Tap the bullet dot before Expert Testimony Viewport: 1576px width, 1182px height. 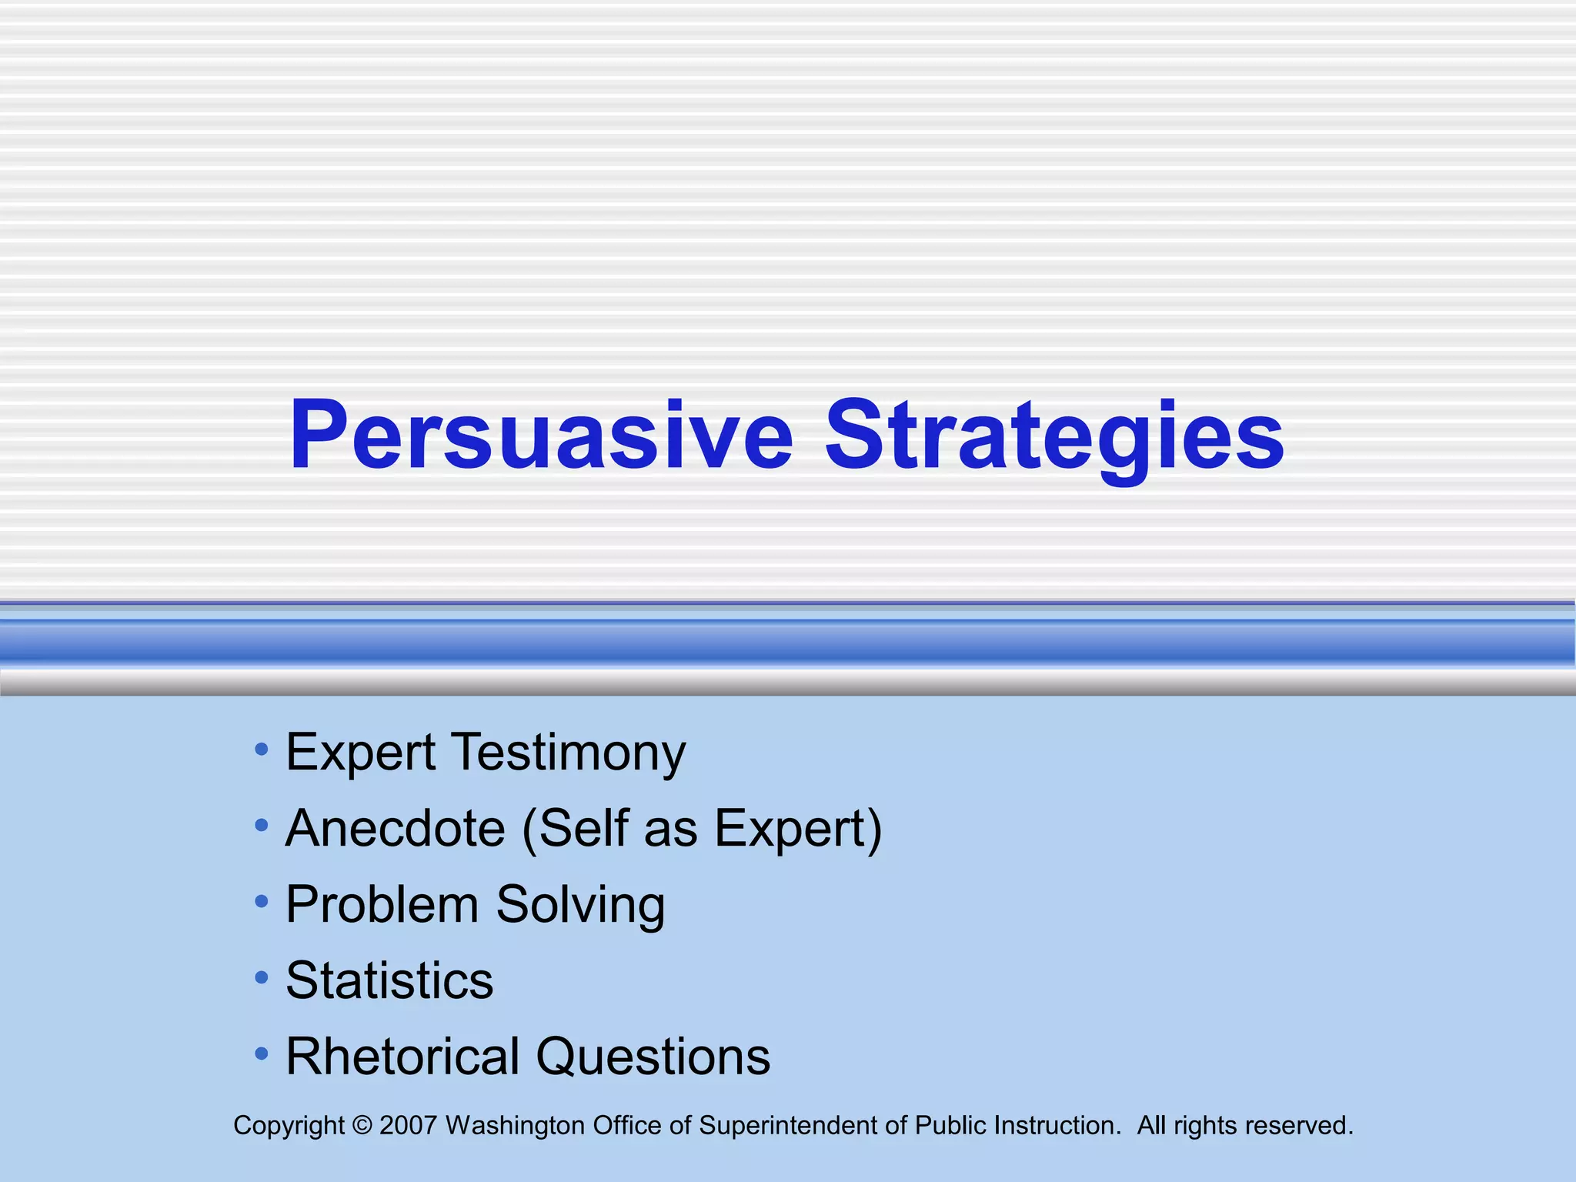[x=262, y=749]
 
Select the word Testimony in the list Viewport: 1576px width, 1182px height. [x=568, y=753]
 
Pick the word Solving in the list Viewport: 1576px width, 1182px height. [x=580, y=904]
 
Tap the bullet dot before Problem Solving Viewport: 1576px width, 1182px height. [x=262, y=901]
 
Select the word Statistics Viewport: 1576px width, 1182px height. [x=389, y=980]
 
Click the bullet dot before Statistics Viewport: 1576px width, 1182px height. [x=262, y=977]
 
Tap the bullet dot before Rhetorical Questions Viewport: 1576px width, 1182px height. [x=262, y=1053]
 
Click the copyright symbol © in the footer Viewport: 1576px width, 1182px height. [x=362, y=1126]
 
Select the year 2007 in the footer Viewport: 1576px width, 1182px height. [x=409, y=1126]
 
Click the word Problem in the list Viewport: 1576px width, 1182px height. [x=382, y=904]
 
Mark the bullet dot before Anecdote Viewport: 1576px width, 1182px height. [x=262, y=825]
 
